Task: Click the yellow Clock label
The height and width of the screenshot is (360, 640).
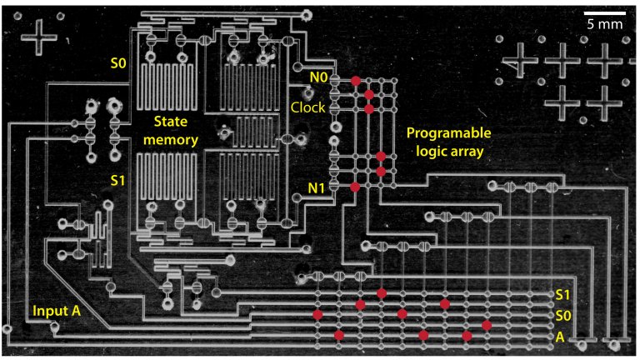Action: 307,107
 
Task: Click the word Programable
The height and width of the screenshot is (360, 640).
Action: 449,133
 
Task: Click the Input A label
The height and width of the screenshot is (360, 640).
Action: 56,311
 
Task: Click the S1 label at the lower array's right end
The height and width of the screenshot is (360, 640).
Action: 563,296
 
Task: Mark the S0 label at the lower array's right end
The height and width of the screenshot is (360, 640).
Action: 563,317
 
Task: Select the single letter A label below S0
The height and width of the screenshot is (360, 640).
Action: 560,337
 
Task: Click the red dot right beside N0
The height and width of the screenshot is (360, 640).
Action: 355,80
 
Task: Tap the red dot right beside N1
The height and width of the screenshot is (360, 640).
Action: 355,187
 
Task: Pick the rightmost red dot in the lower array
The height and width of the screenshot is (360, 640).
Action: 487,324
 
